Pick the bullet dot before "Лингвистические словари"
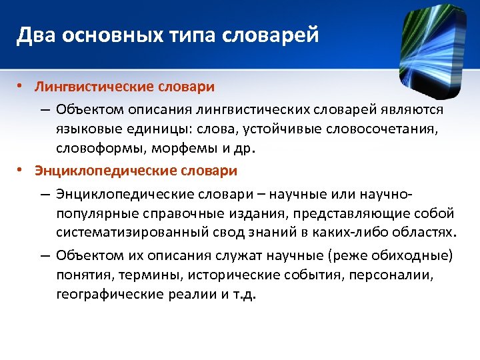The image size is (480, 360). pyautogui.click(x=21, y=87)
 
